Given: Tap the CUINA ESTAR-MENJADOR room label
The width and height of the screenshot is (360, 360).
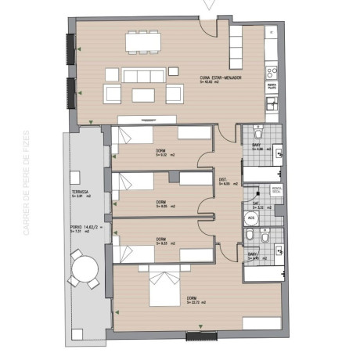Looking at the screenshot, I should [x=220, y=77].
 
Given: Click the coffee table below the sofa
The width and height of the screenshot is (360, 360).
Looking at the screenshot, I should [x=143, y=95].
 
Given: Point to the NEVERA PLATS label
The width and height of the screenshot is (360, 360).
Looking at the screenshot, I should [x=274, y=87].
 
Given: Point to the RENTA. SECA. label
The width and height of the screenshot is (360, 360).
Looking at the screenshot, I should [x=276, y=189].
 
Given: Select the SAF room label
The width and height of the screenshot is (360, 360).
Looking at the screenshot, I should [x=255, y=202].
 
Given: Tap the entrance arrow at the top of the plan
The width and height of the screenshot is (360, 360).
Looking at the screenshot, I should [x=207, y=6].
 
